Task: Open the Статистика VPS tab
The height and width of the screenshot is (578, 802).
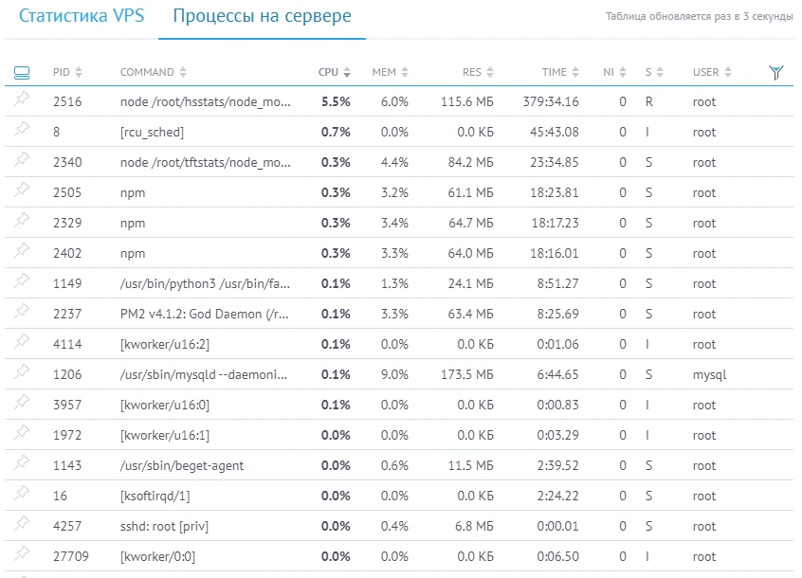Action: point(82,17)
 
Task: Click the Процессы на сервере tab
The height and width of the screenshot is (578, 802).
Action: point(262,17)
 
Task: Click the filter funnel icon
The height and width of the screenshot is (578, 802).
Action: point(776,72)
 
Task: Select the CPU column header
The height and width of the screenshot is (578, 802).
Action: point(328,72)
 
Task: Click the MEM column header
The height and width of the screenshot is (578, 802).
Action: point(384,72)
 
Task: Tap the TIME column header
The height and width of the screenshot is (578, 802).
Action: point(554,72)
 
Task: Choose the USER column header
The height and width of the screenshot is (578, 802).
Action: point(706,72)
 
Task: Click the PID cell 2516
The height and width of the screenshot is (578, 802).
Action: point(67,102)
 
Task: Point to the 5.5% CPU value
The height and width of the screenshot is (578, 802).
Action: point(336,102)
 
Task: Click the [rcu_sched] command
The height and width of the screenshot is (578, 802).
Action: point(152,133)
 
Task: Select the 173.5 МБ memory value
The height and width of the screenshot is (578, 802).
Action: point(467,375)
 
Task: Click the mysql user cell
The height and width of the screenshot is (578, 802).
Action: point(709,375)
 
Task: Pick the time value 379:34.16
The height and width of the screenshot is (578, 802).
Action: point(550,102)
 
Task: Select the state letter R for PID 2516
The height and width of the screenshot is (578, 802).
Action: point(648,102)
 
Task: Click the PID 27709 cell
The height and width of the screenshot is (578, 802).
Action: point(71,557)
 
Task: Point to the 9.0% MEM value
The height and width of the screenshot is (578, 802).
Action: point(393,375)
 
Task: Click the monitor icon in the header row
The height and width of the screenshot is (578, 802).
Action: point(23,72)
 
